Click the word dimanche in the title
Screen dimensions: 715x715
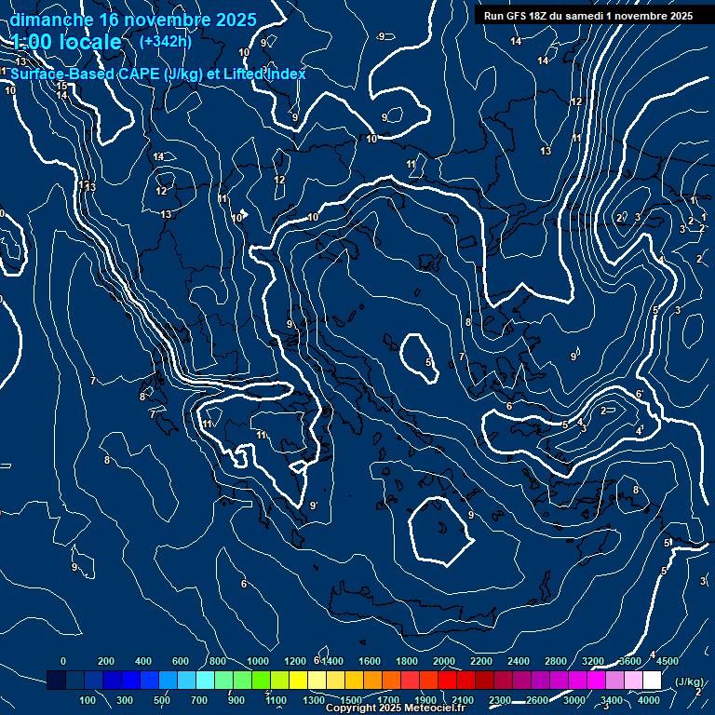(46, 20)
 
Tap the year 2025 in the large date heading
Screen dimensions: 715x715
(232, 20)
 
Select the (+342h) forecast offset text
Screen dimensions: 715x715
(165, 42)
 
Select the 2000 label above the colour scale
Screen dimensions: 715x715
(445, 661)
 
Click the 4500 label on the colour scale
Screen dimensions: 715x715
(668, 661)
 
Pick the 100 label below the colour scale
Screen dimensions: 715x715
(88, 700)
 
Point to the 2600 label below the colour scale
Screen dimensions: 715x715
(537, 700)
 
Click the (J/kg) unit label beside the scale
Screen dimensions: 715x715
(688, 682)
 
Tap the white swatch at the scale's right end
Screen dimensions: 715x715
(652, 681)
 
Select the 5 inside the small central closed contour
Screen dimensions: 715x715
(427, 362)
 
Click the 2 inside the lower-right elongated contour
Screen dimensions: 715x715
(603, 411)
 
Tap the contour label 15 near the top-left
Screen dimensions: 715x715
(62, 87)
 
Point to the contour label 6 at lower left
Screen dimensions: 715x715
(244, 584)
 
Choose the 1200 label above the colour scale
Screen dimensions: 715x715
(295, 661)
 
